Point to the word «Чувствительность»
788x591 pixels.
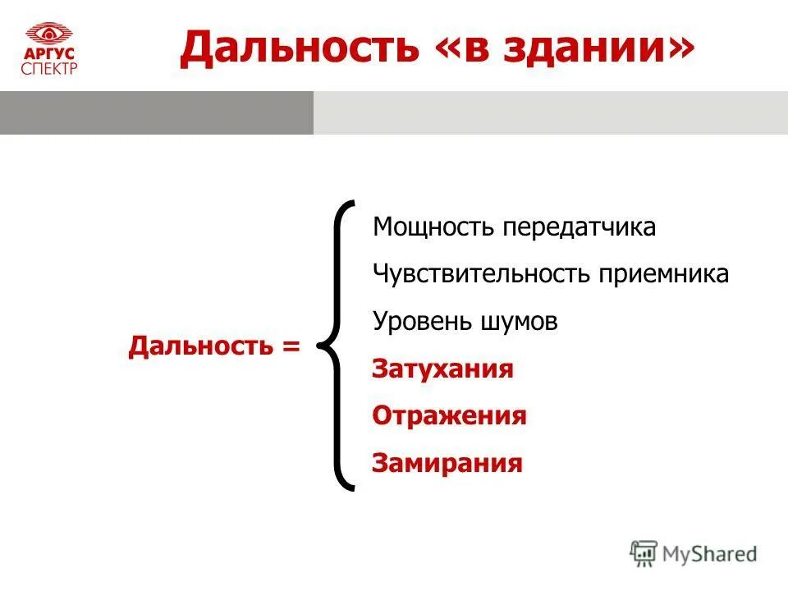tap(476, 274)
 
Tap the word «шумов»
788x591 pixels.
tap(515, 321)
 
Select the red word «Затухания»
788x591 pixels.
tap(443, 369)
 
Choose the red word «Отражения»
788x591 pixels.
tap(449, 416)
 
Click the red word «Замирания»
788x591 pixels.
tap(447, 463)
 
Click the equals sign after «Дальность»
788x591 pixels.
tap(291, 346)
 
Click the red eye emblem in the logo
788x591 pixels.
tap(49, 34)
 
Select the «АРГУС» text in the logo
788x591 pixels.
tap(49, 54)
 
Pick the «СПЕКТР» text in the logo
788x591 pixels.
tap(49, 68)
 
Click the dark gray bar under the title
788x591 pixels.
tap(156, 113)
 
